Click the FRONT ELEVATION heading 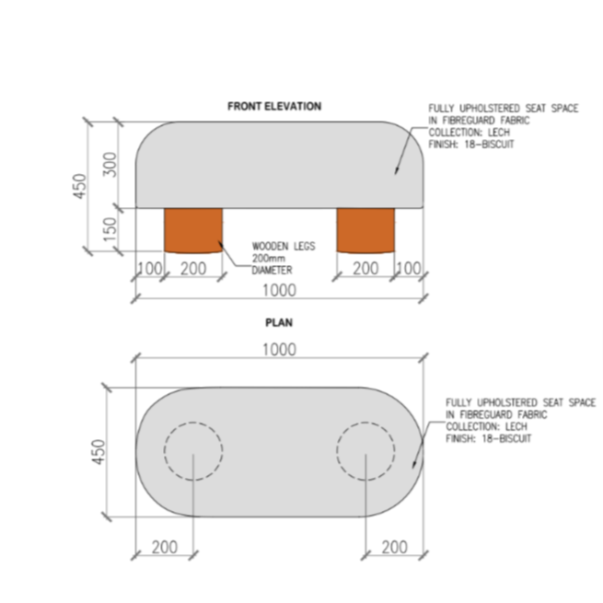[274, 107]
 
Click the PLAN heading [278, 323]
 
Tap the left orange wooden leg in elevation [192, 230]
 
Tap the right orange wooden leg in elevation [366, 230]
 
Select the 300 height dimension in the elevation [110, 164]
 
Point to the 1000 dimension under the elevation [278, 290]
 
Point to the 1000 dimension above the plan [278, 349]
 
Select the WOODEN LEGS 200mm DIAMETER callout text [274, 259]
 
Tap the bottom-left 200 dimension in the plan [164, 547]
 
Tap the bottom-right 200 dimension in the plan [393, 547]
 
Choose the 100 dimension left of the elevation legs [149, 268]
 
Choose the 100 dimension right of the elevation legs [408, 268]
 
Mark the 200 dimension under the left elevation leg [192, 268]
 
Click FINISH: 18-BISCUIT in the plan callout [488, 438]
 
